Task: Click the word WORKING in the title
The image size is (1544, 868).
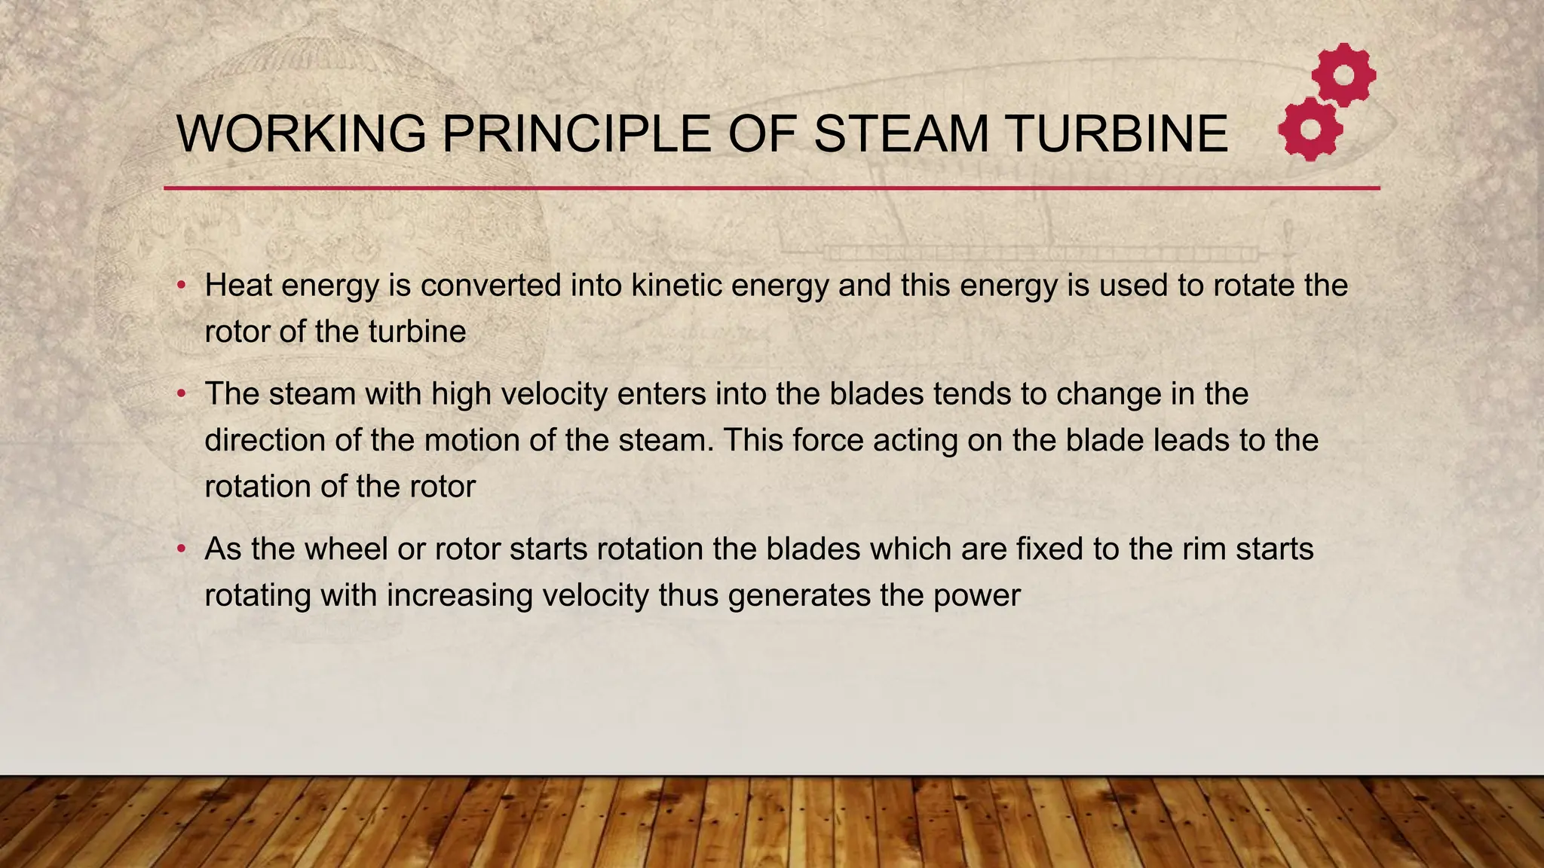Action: point(302,134)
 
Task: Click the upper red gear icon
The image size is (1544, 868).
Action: point(1343,75)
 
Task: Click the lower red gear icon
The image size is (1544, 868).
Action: point(1310,129)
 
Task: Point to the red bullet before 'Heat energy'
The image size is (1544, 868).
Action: point(181,286)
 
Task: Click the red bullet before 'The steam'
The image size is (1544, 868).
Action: point(181,394)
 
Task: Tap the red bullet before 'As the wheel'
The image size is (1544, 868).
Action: point(181,549)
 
